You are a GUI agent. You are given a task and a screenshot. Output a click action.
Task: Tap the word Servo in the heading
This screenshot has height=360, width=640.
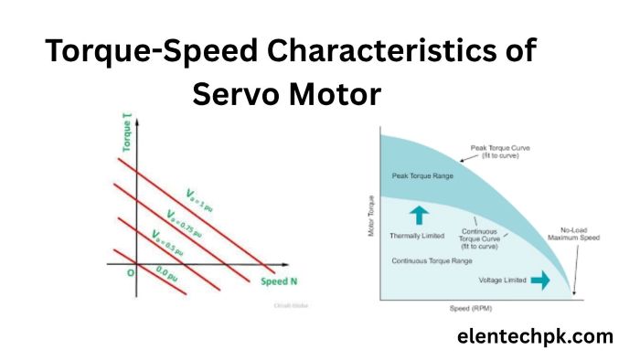[x=240, y=94]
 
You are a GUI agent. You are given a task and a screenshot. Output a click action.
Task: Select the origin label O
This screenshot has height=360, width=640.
[x=131, y=271]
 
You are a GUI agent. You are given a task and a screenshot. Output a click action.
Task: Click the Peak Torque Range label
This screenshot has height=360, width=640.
[x=416, y=175]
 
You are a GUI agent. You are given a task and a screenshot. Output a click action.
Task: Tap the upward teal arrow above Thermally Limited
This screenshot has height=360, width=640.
[x=418, y=215]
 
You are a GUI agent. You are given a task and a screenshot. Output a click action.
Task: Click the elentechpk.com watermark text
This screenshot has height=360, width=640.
[x=535, y=336]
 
